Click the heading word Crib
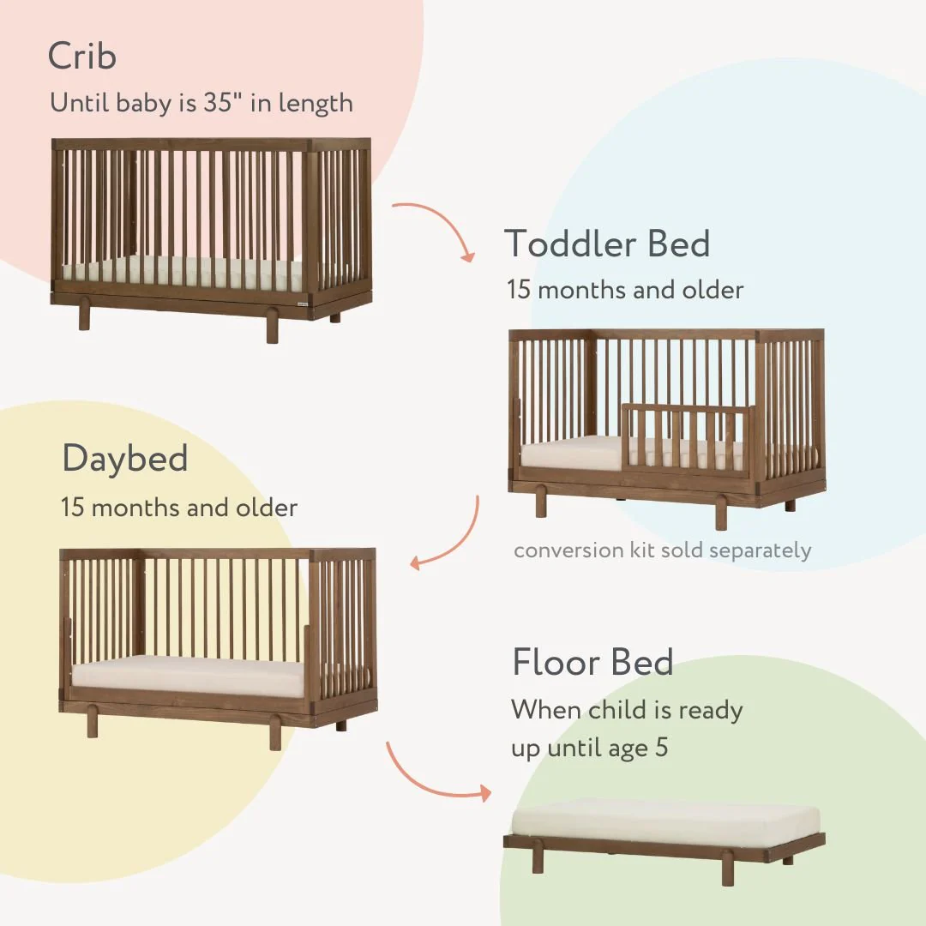(82, 57)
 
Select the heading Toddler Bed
(607, 244)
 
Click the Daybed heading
(125, 459)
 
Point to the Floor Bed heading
(592, 663)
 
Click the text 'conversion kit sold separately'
(662, 550)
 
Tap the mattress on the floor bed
(664, 819)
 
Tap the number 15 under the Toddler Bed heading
(518, 290)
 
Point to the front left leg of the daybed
(93, 724)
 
